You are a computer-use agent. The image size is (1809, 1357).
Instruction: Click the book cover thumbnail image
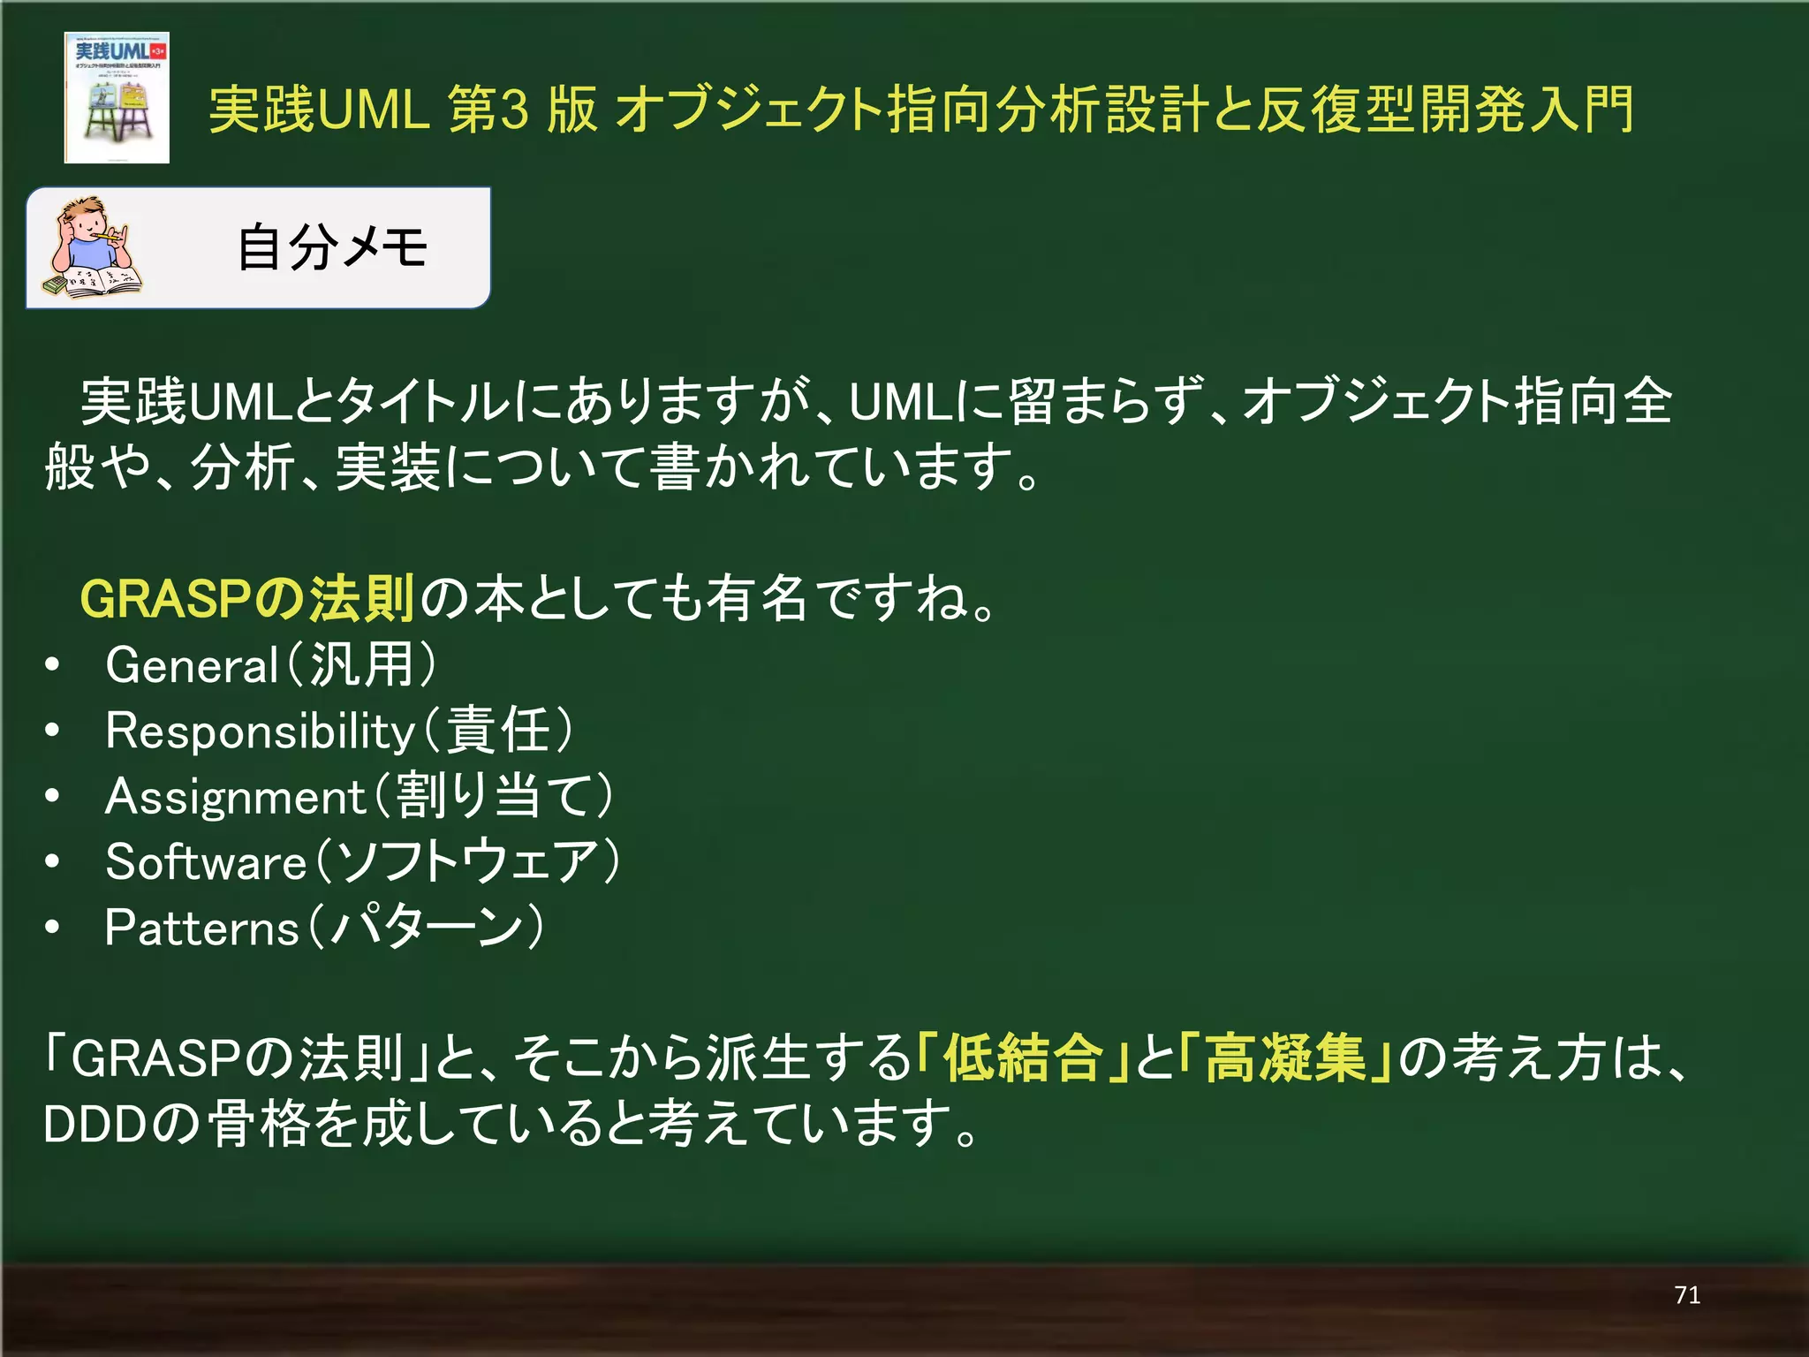coord(117,97)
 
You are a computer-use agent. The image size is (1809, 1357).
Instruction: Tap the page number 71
coord(1686,1295)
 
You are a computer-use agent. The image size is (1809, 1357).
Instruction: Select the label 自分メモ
coord(332,247)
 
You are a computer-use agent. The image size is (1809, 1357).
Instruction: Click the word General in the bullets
coord(192,665)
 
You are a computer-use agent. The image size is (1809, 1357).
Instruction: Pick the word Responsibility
coord(260,732)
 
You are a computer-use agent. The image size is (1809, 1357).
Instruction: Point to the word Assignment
coord(235,797)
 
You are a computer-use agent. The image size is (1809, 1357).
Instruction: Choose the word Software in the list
coord(206,862)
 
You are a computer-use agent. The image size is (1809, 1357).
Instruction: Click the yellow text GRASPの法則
coord(247,599)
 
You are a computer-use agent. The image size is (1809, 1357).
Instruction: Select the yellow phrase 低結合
coord(1023,1058)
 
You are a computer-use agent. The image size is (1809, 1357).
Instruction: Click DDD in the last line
coord(95,1125)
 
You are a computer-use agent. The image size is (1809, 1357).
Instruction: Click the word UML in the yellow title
coord(371,110)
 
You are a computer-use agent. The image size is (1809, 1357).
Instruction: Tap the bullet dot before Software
coord(53,862)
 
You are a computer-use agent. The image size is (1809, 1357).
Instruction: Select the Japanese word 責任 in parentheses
coord(498,732)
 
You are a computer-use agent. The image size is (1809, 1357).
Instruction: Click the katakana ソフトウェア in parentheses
coord(468,862)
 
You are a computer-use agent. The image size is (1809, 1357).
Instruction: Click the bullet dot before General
coord(53,665)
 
